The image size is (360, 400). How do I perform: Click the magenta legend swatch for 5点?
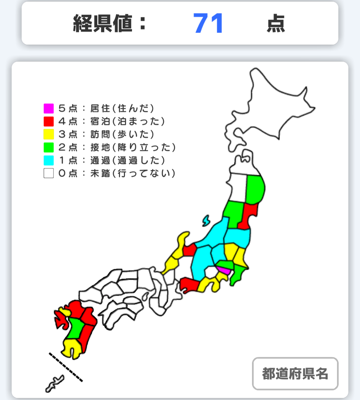point(49,108)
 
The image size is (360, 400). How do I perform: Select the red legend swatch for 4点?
point(49,121)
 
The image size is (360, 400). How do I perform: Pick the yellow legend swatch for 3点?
point(49,134)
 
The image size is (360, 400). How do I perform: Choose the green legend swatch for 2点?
point(49,147)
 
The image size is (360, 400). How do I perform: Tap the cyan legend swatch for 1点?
point(49,160)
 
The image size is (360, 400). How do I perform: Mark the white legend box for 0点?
point(49,173)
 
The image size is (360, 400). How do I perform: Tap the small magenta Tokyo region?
point(223,270)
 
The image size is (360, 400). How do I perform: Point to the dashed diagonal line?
point(66,367)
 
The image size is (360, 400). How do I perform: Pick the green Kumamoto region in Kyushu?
point(76,328)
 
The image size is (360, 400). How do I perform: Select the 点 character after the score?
point(276,24)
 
